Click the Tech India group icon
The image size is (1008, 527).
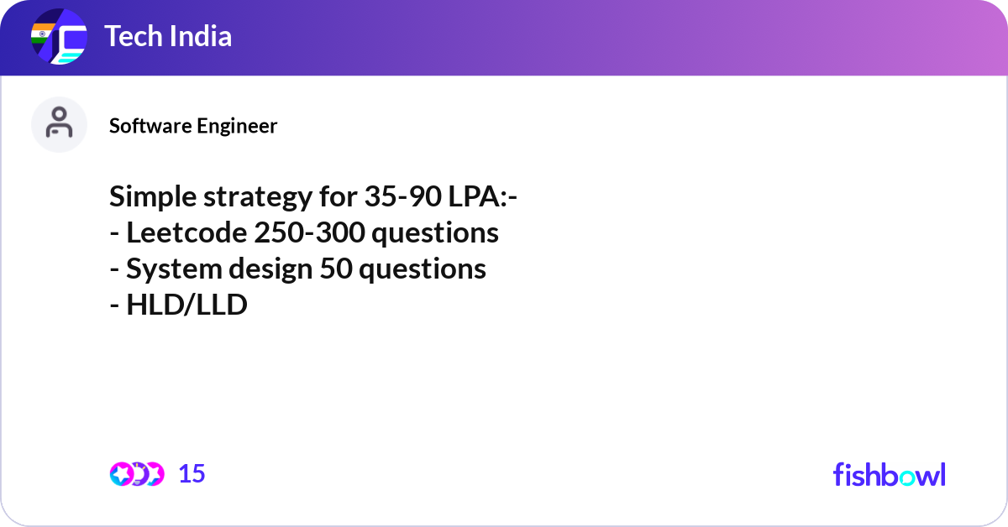tap(59, 36)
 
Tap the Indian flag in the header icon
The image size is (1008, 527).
tap(42, 34)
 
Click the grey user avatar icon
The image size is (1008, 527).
tap(59, 124)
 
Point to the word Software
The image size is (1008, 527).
tap(150, 126)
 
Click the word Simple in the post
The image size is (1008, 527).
tap(153, 197)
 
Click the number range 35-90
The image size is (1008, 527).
tap(402, 196)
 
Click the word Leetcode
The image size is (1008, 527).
tap(186, 232)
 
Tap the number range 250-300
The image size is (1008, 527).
tap(310, 232)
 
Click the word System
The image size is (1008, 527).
tap(174, 269)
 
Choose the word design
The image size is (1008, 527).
tap(270, 269)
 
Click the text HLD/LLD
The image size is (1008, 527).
tap(186, 305)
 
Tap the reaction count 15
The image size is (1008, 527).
tap(192, 474)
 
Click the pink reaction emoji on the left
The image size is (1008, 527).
tap(122, 474)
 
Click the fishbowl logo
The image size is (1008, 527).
tap(890, 474)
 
